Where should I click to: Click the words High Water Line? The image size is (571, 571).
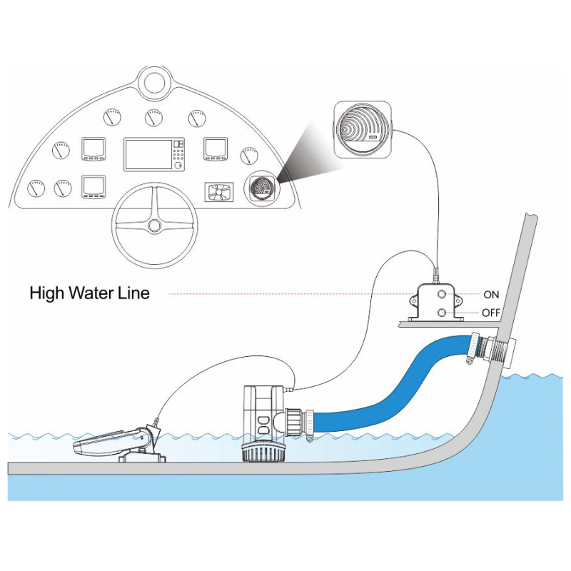(x=89, y=293)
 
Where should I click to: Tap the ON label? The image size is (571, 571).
(x=491, y=294)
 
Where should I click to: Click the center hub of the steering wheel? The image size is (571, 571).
(x=154, y=226)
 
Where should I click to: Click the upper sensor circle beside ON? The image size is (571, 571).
(x=442, y=293)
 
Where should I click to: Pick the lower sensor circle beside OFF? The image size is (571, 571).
(x=442, y=312)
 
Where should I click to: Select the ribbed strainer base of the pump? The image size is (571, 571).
(x=264, y=453)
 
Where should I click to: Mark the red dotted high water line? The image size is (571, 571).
(x=285, y=293)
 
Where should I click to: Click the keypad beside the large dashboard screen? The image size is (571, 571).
(x=178, y=153)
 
